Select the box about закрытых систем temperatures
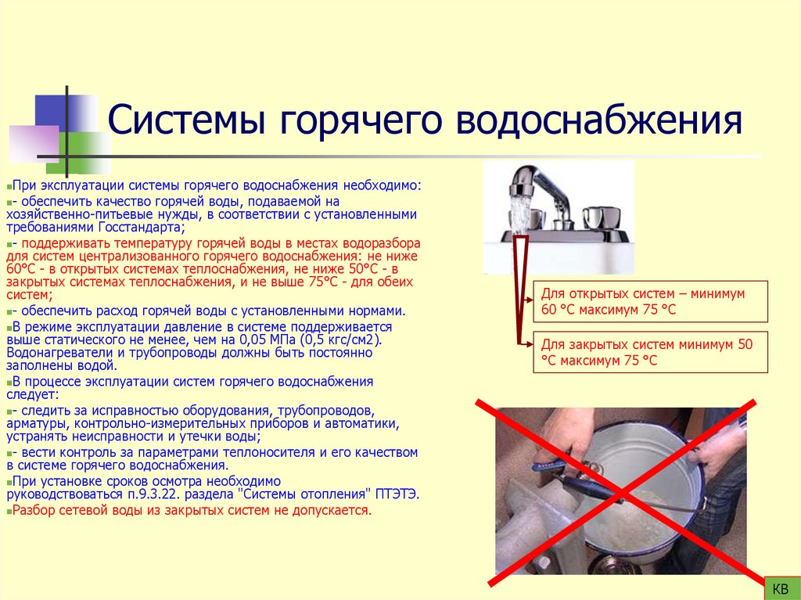(650, 352)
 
